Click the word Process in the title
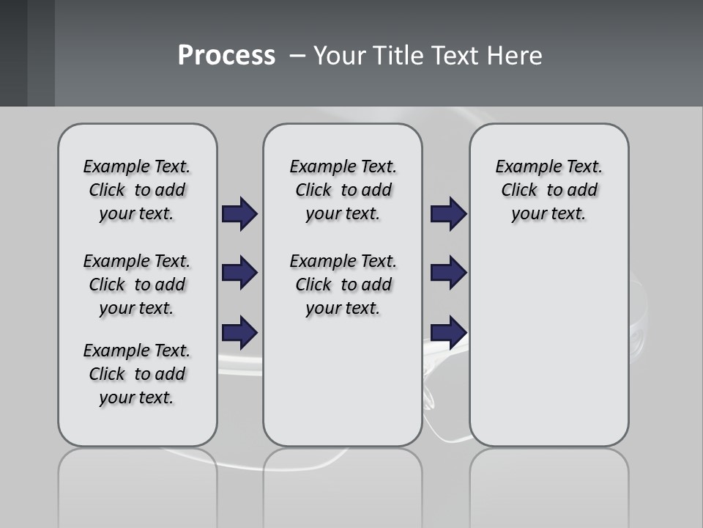tap(226, 56)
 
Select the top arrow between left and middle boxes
tap(239, 214)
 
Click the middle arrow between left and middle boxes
tap(239, 273)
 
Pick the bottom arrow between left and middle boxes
tap(239, 332)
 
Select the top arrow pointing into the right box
tap(448, 214)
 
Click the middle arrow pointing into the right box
tap(448, 273)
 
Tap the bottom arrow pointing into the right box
tap(448, 332)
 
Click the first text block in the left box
tap(137, 190)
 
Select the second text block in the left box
tap(137, 285)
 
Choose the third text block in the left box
tap(137, 374)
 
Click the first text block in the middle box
tap(343, 190)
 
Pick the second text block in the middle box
tap(343, 285)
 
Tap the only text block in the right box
tap(548, 190)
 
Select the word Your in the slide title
tap(339, 56)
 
